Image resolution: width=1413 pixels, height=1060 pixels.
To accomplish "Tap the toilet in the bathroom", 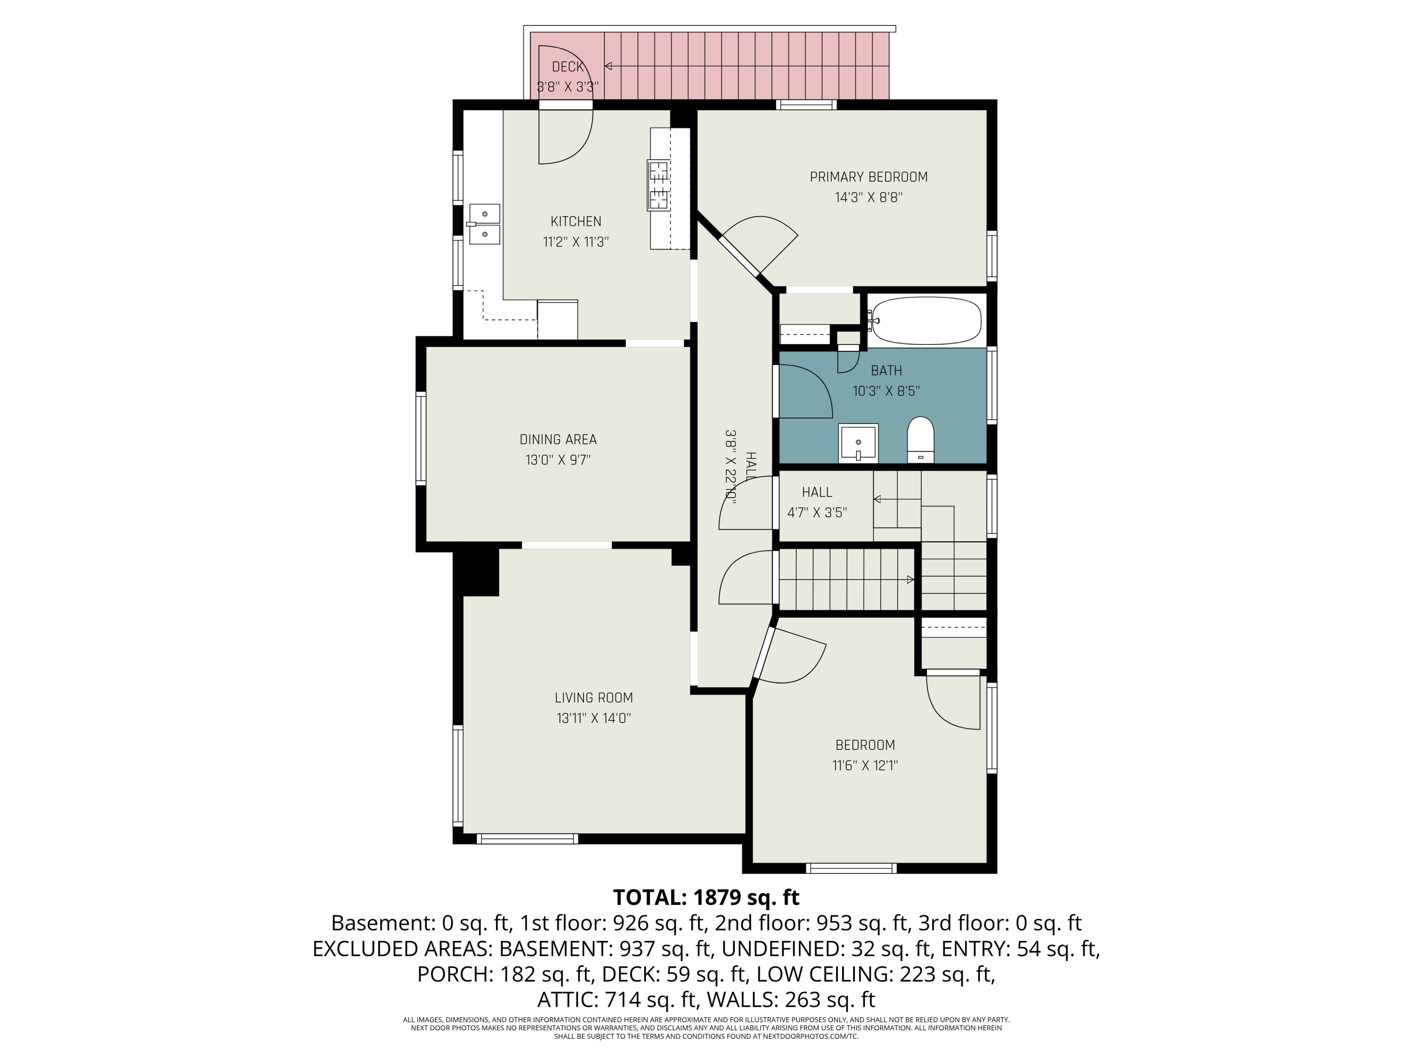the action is (920, 440).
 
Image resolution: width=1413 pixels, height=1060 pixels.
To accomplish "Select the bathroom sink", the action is (859, 442).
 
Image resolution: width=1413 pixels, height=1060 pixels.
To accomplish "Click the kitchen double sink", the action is (484, 224).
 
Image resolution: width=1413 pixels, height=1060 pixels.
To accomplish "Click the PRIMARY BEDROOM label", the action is (869, 177).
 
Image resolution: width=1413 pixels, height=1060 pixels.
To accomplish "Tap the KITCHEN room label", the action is (576, 222).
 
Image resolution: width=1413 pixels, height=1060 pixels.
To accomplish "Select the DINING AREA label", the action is (558, 440).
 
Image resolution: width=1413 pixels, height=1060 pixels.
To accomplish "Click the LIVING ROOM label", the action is (593, 698).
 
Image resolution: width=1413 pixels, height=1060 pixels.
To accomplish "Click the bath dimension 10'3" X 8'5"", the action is (886, 391).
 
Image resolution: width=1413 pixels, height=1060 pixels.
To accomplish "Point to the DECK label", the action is (567, 66).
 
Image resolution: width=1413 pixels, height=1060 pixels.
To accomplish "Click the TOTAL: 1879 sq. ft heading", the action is (706, 897).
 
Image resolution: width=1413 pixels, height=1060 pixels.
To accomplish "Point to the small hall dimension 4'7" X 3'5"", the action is (817, 513).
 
